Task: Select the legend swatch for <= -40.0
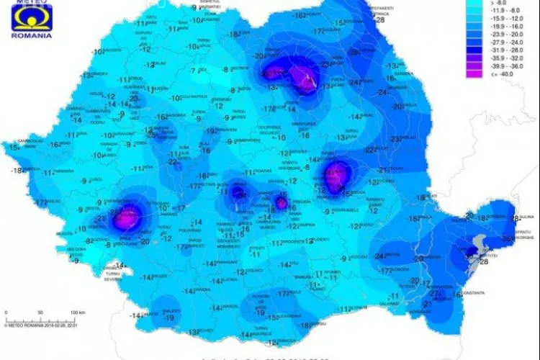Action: [471, 72]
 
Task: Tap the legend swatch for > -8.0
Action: [471, 4]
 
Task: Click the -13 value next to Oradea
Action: [86, 75]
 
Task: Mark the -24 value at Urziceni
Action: [379, 256]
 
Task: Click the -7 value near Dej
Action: [193, 71]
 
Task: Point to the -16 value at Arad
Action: [54, 145]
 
